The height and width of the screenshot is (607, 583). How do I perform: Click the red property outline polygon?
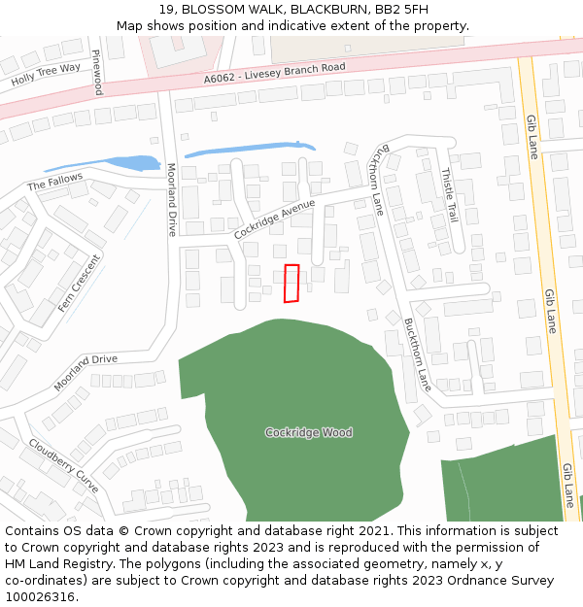(291, 283)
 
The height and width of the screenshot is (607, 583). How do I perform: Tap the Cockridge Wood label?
(309, 432)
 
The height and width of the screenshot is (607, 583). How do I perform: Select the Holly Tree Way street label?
(46, 74)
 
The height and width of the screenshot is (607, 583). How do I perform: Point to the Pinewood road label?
(97, 73)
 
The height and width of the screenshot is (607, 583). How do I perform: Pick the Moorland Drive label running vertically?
(172, 200)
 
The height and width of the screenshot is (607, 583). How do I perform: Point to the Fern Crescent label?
(79, 283)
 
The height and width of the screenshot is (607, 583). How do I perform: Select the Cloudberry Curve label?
(64, 465)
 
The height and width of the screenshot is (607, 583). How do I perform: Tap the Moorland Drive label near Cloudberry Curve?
(86, 373)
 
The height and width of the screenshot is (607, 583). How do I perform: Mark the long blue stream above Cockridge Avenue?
(249, 149)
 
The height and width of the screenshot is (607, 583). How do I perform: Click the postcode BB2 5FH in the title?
(404, 9)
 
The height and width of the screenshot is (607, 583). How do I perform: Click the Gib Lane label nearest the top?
(532, 137)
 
